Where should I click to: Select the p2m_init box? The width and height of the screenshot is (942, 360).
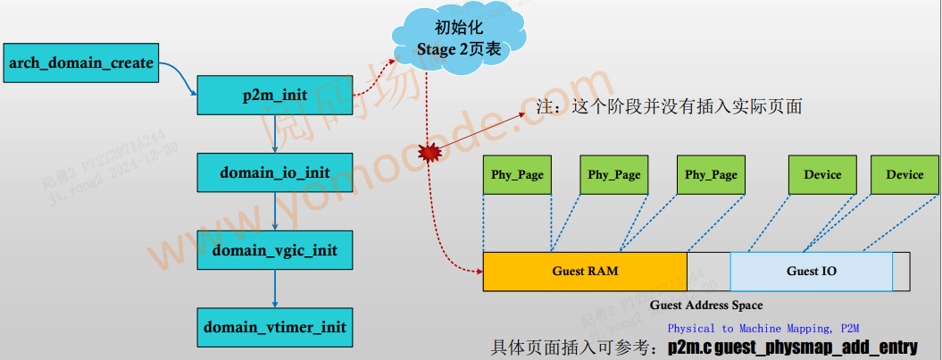pyautogui.click(x=275, y=96)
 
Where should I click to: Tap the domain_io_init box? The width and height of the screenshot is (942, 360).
pyautogui.click(x=275, y=172)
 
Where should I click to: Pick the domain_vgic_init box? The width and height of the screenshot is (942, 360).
pyautogui.click(x=275, y=250)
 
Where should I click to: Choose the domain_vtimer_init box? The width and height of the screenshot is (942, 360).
pyautogui.click(x=275, y=327)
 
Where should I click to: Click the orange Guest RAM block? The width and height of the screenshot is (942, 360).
pyautogui.click(x=585, y=271)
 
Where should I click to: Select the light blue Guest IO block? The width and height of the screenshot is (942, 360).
pyautogui.click(x=811, y=271)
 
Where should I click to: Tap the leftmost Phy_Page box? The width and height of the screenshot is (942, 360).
pyautogui.click(x=517, y=174)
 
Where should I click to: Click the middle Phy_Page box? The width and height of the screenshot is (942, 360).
pyautogui.click(x=613, y=174)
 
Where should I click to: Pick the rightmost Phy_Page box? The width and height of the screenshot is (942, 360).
pyautogui.click(x=711, y=174)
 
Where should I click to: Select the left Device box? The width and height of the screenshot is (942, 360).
pyautogui.click(x=822, y=174)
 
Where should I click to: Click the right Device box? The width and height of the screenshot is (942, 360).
pyautogui.click(x=904, y=174)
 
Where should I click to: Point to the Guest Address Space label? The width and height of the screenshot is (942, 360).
pyautogui.click(x=705, y=306)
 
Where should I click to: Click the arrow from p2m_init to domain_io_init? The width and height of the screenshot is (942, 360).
pyautogui.click(x=275, y=134)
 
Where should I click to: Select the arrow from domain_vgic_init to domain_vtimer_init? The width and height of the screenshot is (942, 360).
pyautogui.click(x=275, y=289)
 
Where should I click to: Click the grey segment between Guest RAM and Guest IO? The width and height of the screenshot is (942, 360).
pyautogui.click(x=709, y=271)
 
